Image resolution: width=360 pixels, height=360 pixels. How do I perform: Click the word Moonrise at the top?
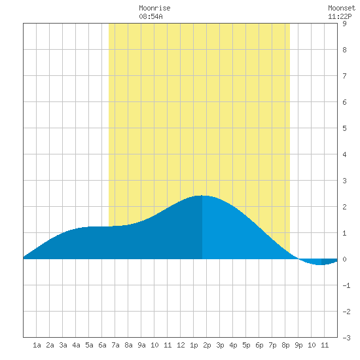154,8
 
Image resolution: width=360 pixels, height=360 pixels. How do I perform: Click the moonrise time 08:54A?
151,16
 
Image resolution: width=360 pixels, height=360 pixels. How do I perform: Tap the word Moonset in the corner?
342,8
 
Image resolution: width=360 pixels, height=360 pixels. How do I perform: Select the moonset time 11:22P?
340,16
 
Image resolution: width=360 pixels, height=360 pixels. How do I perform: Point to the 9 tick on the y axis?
344,24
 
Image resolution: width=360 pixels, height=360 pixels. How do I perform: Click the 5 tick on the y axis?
344,128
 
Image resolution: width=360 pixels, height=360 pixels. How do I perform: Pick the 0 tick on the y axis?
344,259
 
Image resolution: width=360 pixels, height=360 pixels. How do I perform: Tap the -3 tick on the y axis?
346,338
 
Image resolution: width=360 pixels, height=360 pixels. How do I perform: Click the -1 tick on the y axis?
346,285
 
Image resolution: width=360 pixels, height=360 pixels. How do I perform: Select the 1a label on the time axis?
37,345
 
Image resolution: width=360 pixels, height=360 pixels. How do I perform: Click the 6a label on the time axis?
102,345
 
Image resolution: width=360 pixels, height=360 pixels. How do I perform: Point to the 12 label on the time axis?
181,345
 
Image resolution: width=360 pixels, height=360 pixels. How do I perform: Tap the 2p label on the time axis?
207,345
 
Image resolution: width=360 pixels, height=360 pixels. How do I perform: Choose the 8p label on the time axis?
285,345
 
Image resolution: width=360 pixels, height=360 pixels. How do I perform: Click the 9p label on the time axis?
298,345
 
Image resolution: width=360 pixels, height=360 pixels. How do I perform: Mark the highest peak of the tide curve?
202,196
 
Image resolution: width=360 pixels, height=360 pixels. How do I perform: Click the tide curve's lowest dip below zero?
321,264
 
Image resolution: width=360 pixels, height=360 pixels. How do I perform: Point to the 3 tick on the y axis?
344,181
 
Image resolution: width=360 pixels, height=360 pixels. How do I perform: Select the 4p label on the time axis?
233,345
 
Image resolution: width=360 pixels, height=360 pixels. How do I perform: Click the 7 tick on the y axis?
344,76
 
